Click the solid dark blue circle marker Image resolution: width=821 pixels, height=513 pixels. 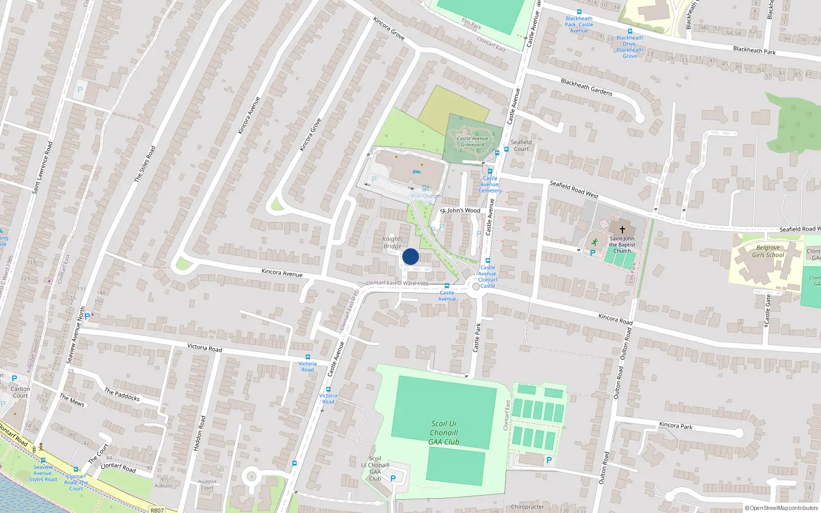click(411, 256)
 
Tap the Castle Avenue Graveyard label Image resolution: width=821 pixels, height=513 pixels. click(473, 142)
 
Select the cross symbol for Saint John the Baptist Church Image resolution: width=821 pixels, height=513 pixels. click(622, 230)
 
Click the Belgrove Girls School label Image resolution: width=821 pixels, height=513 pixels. click(768, 251)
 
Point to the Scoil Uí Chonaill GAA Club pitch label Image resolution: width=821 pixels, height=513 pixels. click(444, 432)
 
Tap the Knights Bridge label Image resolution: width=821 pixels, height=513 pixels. click(393, 243)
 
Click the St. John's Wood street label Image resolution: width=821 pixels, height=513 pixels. click(461, 210)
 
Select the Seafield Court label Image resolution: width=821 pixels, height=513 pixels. click(521, 146)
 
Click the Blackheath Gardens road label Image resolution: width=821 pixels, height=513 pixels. click(587, 87)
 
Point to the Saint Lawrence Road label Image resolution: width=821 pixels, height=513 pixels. click(43, 168)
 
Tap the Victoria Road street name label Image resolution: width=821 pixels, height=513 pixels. click(204, 348)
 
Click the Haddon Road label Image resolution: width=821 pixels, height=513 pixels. click(199, 433)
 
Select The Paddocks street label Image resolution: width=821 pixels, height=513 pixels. click(122, 394)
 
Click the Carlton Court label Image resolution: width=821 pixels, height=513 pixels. click(21, 392)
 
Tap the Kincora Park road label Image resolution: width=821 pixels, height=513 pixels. click(676, 425)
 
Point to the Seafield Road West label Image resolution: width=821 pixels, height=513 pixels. click(574, 189)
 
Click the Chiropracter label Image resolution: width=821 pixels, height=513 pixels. click(527, 507)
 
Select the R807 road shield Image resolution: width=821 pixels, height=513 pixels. click(157, 510)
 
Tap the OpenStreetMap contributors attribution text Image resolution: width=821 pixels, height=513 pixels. click(782, 508)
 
